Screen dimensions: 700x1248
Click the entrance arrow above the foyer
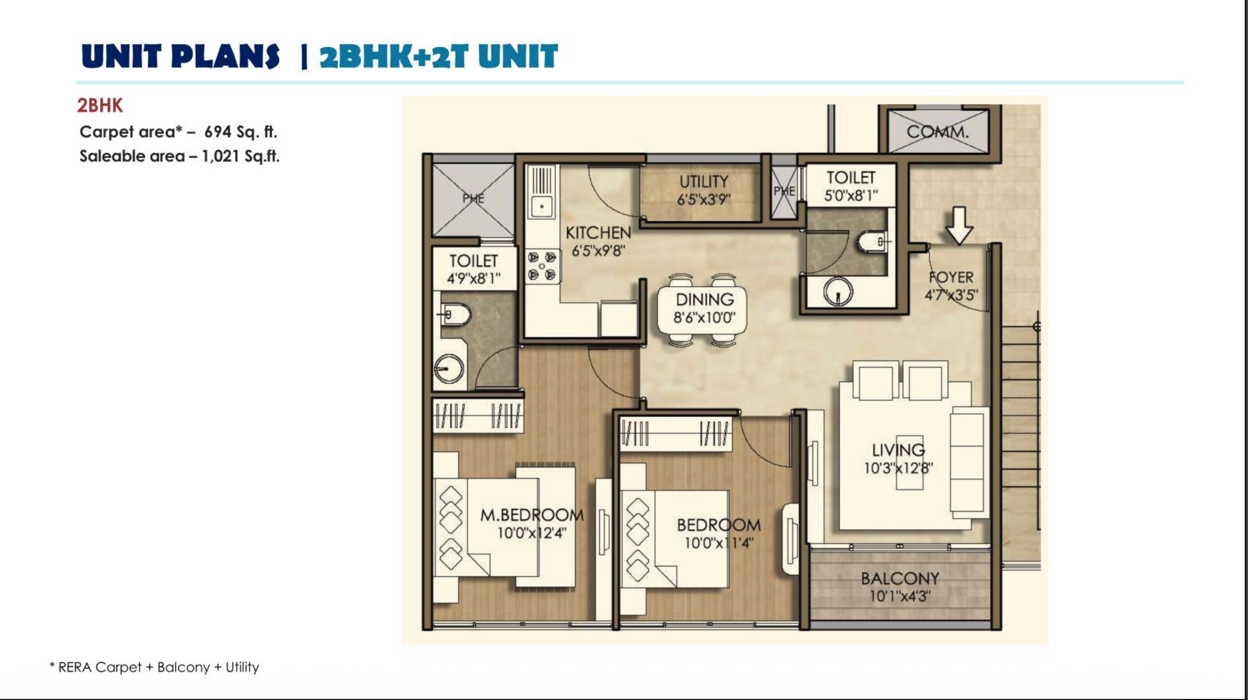coord(959,225)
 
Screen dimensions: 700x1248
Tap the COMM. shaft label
coord(937,132)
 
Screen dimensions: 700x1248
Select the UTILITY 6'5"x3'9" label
coord(703,190)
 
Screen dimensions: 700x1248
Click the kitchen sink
coord(542,207)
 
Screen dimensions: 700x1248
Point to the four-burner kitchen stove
coord(542,266)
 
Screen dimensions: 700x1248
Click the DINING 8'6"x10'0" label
coord(704,308)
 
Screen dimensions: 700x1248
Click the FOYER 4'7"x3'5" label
coord(951,286)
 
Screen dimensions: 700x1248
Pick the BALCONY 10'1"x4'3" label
coord(899,587)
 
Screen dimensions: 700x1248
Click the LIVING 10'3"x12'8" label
coord(898,459)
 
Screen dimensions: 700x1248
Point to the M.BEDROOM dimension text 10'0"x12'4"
coord(531,533)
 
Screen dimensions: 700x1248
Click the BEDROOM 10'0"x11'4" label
coord(719,534)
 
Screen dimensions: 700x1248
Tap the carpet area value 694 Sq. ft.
coord(240,132)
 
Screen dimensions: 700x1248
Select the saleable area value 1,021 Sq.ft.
coord(240,157)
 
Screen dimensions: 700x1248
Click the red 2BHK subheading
coord(100,105)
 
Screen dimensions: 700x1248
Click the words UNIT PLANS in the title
coord(180,57)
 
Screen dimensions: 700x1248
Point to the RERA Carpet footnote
coord(154,667)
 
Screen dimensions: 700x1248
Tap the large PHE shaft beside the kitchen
coord(473,199)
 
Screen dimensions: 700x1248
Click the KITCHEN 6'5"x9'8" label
coord(598,241)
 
